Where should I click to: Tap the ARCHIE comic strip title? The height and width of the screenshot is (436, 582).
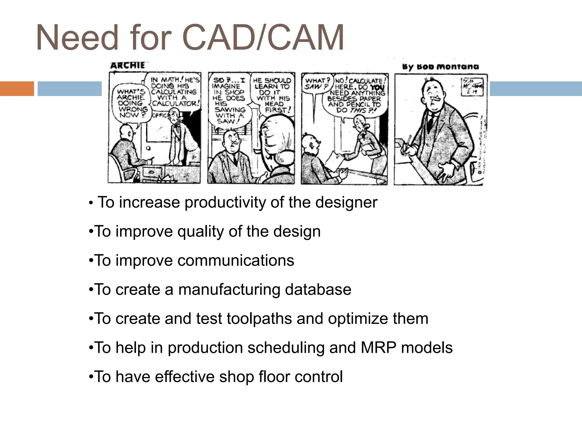click(x=128, y=66)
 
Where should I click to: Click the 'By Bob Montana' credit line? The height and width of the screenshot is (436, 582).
click(x=440, y=67)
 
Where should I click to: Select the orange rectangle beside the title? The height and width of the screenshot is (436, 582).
click(x=17, y=89)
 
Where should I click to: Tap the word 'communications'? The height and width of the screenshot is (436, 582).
click(x=236, y=261)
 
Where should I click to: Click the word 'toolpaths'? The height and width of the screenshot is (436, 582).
click(x=259, y=319)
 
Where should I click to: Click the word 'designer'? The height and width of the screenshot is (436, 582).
click(x=346, y=203)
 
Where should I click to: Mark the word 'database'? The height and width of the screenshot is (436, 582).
click(x=318, y=290)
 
